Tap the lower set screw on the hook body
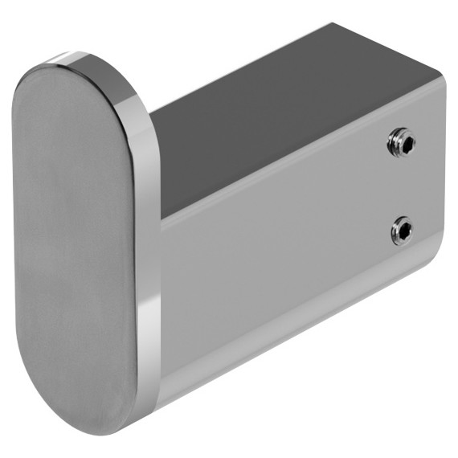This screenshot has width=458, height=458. (402, 232)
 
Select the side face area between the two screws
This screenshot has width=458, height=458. (402, 188)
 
